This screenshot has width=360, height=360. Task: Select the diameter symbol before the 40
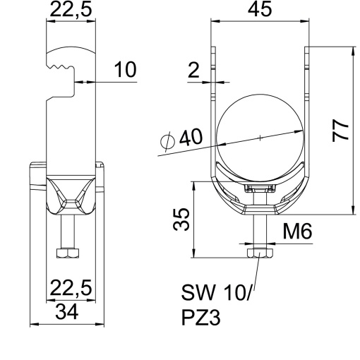coord(167,142)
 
